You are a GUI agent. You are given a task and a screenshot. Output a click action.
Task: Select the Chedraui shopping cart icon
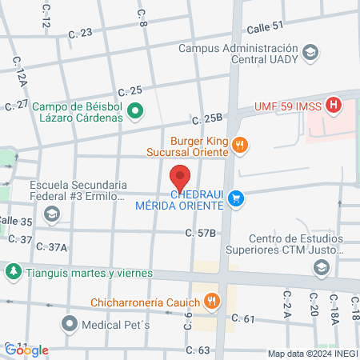pyautogui.click(x=235, y=198)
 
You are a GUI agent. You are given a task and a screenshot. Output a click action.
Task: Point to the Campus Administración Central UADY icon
pyautogui.click(x=310, y=53)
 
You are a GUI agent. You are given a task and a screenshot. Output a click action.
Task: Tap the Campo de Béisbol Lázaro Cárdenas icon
pyautogui.click(x=135, y=111)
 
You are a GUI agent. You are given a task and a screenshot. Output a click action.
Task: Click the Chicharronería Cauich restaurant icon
pyautogui.click(x=211, y=301)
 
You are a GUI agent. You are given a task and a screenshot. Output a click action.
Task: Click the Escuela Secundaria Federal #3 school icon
pyautogui.click(x=52, y=214)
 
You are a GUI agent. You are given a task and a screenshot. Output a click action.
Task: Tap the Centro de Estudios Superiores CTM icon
pyautogui.click(x=321, y=266)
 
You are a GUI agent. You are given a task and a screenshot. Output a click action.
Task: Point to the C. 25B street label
pyautogui.click(x=206, y=119)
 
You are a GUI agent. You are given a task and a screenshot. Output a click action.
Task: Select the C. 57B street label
pyautogui.click(x=201, y=233)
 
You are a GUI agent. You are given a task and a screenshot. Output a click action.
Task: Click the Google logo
pyautogui.click(x=26, y=350)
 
